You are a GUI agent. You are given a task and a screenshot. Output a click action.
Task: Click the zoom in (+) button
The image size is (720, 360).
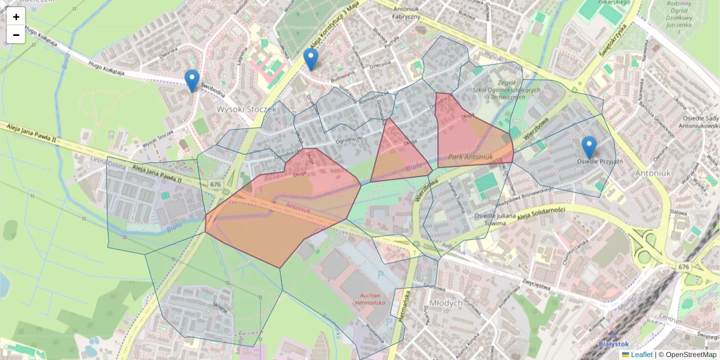(x=16, y=17)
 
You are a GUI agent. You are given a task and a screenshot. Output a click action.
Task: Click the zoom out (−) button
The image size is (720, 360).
(x=16, y=35)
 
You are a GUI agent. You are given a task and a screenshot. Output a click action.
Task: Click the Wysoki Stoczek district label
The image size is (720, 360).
(x=246, y=109)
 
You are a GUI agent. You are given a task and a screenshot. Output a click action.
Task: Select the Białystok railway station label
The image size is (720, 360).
(x=614, y=344)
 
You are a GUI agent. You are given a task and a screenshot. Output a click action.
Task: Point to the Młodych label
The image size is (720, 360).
(x=446, y=303)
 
